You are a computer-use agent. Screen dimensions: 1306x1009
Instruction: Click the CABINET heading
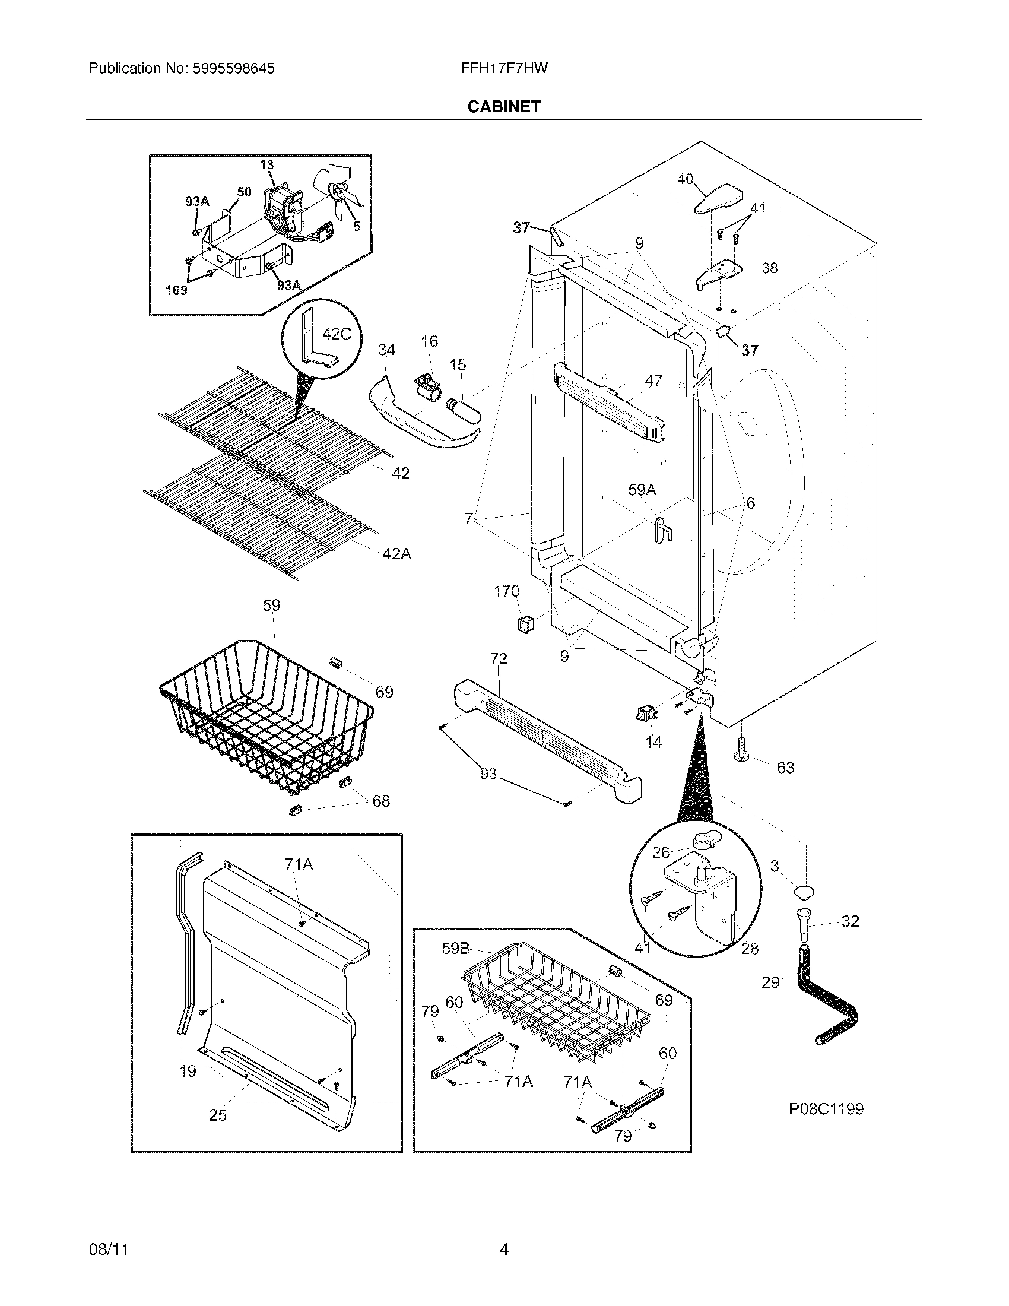[503, 106]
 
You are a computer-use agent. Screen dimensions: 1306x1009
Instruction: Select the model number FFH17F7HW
[504, 68]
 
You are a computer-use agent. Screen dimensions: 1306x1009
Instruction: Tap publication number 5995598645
[233, 68]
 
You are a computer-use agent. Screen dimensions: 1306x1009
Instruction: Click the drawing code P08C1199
[826, 1110]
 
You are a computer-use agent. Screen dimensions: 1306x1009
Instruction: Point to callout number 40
[685, 179]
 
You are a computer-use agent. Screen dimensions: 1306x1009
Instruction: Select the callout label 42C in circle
[337, 334]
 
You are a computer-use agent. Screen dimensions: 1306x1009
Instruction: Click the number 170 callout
[506, 591]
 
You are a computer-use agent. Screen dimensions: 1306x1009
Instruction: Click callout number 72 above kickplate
[499, 658]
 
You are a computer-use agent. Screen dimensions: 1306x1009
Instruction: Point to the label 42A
[397, 554]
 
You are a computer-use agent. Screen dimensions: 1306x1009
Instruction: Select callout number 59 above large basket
[271, 605]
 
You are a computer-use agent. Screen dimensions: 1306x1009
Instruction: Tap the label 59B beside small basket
[455, 949]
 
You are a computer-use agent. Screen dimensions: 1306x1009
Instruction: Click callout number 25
[218, 1115]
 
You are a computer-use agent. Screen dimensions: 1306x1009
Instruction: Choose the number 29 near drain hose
[770, 982]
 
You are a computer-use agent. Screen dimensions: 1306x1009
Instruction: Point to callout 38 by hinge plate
[769, 268]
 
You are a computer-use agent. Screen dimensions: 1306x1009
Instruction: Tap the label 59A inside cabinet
[642, 490]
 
